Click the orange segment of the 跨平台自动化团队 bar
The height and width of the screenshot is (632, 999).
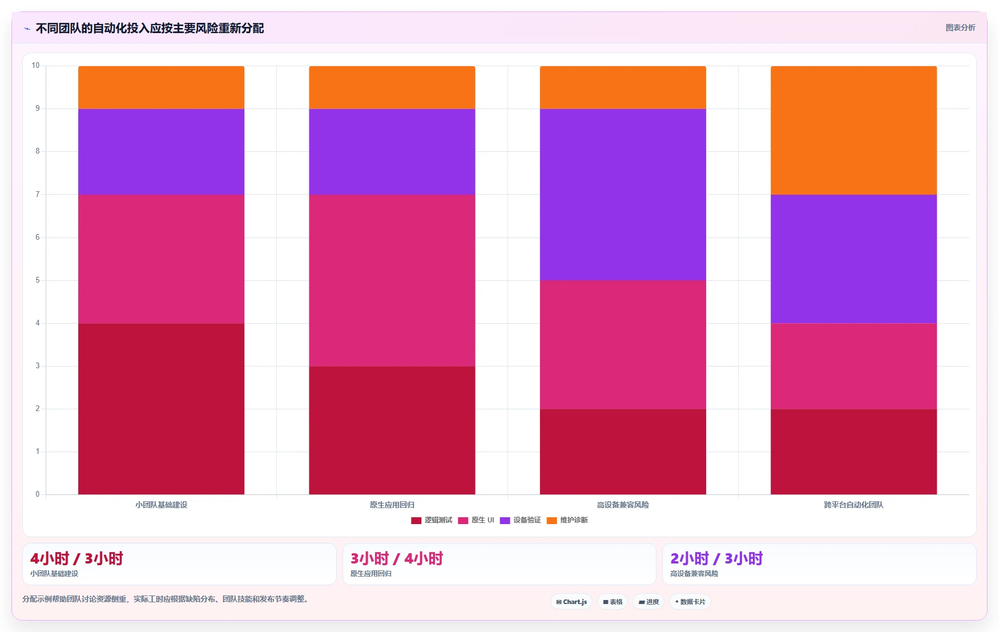853,130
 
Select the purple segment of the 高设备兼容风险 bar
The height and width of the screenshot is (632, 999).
623,195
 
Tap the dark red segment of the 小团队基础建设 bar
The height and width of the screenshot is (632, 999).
161,409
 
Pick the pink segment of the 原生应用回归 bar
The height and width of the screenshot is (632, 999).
392,280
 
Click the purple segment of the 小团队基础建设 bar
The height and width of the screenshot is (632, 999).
161,152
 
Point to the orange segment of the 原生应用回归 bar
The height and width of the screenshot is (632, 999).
392,87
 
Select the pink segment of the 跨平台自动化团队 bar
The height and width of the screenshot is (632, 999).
853,367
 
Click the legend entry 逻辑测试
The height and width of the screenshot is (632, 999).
432,520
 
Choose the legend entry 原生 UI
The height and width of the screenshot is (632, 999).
476,520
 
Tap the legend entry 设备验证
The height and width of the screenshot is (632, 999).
520,520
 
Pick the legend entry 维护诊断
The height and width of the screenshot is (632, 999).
567,520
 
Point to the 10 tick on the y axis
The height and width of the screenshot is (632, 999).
35,66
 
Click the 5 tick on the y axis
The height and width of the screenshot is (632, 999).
38,280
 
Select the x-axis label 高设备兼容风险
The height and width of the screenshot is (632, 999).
623,505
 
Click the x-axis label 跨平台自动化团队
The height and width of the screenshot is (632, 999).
853,505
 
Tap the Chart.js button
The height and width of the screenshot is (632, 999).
571,602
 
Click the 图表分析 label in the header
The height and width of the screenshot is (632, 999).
960,27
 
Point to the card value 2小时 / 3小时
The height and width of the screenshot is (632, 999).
716,558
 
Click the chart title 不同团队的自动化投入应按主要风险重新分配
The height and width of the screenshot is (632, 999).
150,28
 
